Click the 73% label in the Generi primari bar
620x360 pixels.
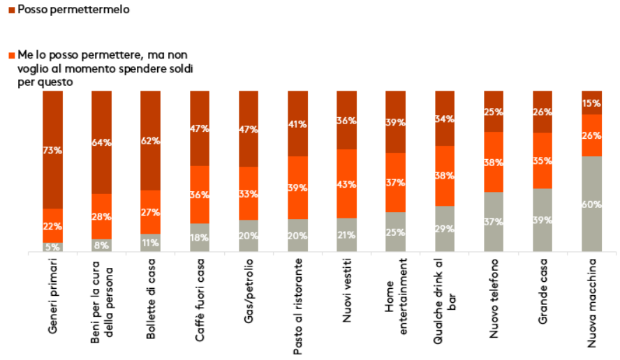[53, 150]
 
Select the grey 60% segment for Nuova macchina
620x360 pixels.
[592, 204]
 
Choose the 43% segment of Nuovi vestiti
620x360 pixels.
[347, 184]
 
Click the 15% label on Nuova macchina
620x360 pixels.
[592, 103]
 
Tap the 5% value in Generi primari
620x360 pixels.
[53, 246]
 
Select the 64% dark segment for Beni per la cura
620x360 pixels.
[102, 142]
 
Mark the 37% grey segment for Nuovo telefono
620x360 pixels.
[494, 221]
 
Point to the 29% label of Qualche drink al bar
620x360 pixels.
[444, 228]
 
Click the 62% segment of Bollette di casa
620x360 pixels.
[151, 140]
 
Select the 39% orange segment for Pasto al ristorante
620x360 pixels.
[298, 188]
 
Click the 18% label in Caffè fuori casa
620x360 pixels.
[200, 237]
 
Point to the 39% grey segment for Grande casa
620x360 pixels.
[542, 220]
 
